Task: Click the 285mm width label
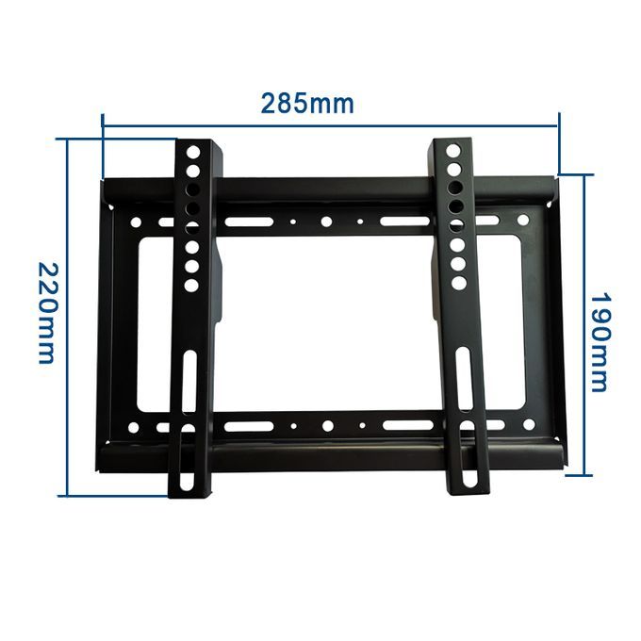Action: click(308, 103)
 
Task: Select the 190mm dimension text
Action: click(600, 340)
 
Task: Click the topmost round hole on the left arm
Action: click(192, 152)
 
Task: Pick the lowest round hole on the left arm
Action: click(192, 284)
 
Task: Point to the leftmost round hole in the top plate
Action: click(137, 224)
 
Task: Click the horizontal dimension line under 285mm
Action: click(330, 120)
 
